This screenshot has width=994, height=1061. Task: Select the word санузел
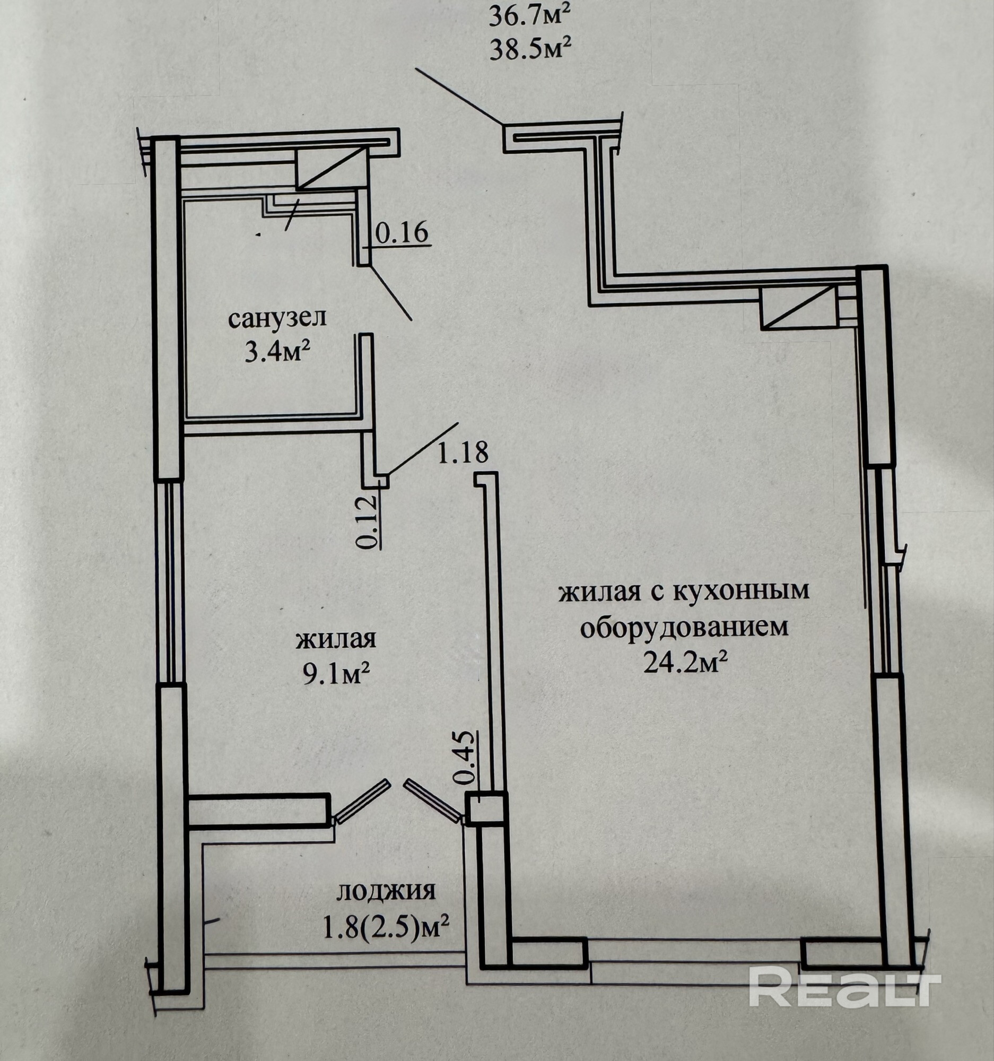[x=277, y=320]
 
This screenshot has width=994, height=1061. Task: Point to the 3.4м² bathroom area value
[x=277, y=352]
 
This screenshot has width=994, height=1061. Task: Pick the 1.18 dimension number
[x=463, y=452]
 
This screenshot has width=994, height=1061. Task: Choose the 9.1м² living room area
[x=337, y=675]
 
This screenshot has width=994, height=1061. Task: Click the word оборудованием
[x=684, y=628]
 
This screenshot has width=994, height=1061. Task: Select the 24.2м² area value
[x=686, y=664]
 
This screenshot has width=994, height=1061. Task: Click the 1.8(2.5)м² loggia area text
[x=385, y=927]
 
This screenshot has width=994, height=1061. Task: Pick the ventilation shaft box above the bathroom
[x=332, y=168]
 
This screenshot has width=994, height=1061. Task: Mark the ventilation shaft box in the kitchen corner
[x=797, y=307]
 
